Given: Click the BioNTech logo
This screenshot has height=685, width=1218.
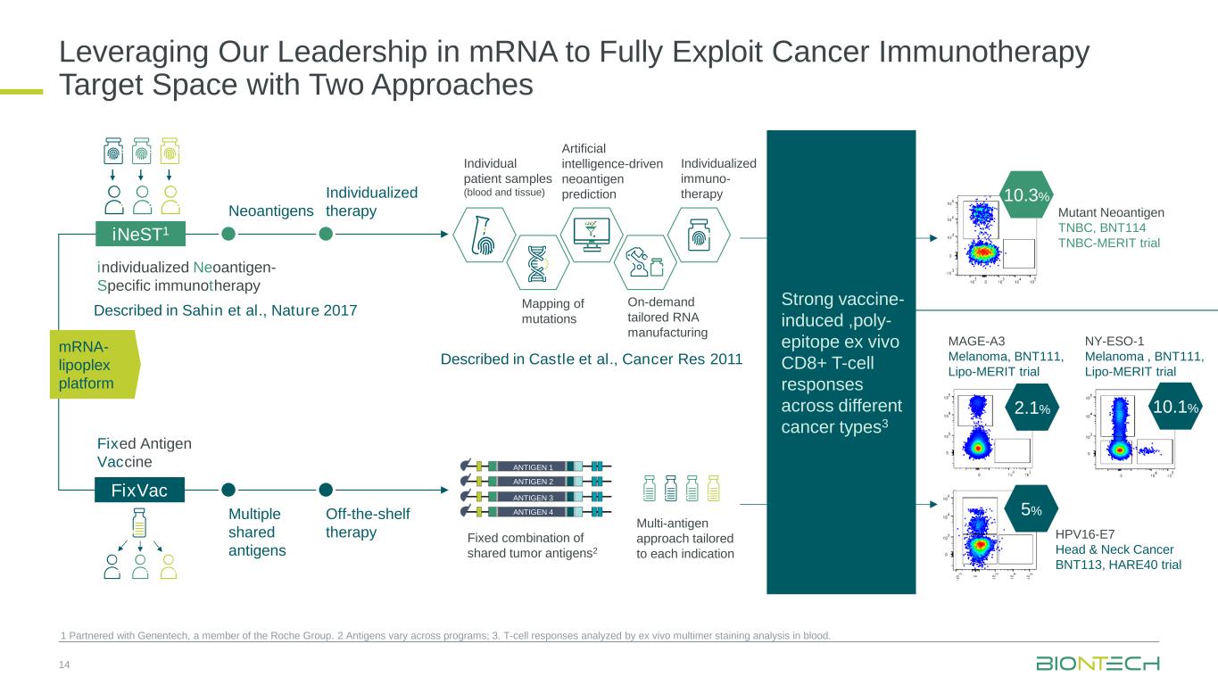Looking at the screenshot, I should (1098, 664).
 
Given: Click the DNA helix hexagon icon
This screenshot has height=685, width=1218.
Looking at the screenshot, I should (535, 262).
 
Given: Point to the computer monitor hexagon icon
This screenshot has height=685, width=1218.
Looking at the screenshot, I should (591, 235).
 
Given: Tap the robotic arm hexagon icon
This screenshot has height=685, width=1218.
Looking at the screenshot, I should (643, 262).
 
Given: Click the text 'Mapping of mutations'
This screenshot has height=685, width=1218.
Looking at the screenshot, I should (552, 311).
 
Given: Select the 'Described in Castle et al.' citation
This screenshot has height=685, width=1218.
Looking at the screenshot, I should (591, 359).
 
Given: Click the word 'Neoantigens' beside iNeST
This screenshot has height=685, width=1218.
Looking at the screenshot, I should (271, 211).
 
